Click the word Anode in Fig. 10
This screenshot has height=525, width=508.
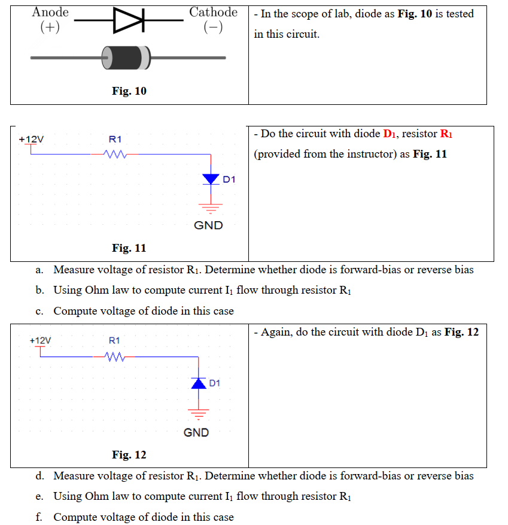coord(50,12)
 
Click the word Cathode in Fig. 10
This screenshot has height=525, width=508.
coord(213,12)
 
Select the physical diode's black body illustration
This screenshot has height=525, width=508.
coord(126,58)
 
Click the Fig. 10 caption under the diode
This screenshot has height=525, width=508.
coord(129,91)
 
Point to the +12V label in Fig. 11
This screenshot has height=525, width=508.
coord(31,139)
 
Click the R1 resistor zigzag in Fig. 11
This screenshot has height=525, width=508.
coord(114,155)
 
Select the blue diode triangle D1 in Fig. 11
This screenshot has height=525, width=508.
coord(211,179)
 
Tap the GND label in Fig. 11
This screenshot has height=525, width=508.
coord(208,225)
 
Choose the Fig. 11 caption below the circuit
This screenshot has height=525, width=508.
coord(129,248)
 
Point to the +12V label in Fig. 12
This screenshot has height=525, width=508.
coord(40,340)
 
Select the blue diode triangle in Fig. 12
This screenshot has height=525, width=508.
coord(199,382)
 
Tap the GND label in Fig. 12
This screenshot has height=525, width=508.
coord(196,432)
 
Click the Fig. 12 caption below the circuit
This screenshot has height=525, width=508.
coord(129,455)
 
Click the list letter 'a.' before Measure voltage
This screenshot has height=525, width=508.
coord(39,270)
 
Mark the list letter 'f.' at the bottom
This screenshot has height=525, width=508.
coord(39,517)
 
